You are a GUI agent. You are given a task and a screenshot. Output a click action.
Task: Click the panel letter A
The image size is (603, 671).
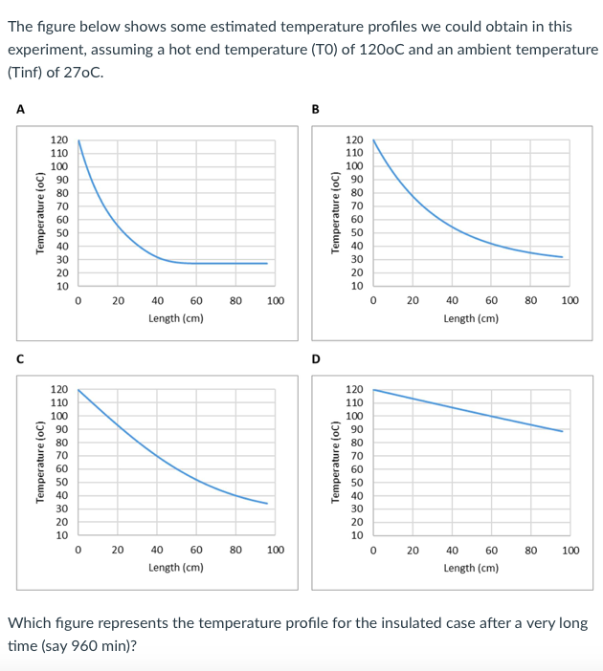[x=19, y=108]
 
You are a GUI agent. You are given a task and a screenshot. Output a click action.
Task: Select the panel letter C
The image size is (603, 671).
[x=19, y=357]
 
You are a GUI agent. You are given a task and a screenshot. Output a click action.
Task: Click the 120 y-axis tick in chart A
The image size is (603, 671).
[x=59, y=140]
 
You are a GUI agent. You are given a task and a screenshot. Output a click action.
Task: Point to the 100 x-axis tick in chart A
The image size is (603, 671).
[x=275, y=301]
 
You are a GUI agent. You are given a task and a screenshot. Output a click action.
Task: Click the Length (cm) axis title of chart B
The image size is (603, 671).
[x=470, y=318]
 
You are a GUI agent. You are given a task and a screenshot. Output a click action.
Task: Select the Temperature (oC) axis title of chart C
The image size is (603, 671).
[x=40, y=461]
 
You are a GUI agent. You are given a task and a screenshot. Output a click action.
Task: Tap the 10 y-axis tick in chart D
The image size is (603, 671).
[x=354, y=535]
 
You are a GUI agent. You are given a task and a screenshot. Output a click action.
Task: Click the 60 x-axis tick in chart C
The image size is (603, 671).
[x=195, y=551]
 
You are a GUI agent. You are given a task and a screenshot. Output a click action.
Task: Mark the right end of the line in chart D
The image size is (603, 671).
[x=563, y=431]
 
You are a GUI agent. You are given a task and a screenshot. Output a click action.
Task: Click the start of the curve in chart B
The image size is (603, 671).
[x=373, y=141]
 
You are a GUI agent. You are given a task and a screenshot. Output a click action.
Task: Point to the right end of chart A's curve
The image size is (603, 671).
[x=267, y=263]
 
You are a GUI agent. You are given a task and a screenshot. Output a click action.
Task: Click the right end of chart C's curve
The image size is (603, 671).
[x=267, y=504]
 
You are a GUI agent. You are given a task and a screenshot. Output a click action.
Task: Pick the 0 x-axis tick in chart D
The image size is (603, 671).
[x=373, y=551]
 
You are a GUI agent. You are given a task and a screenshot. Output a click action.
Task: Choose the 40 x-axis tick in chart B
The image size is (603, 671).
[x=452, y=301]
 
